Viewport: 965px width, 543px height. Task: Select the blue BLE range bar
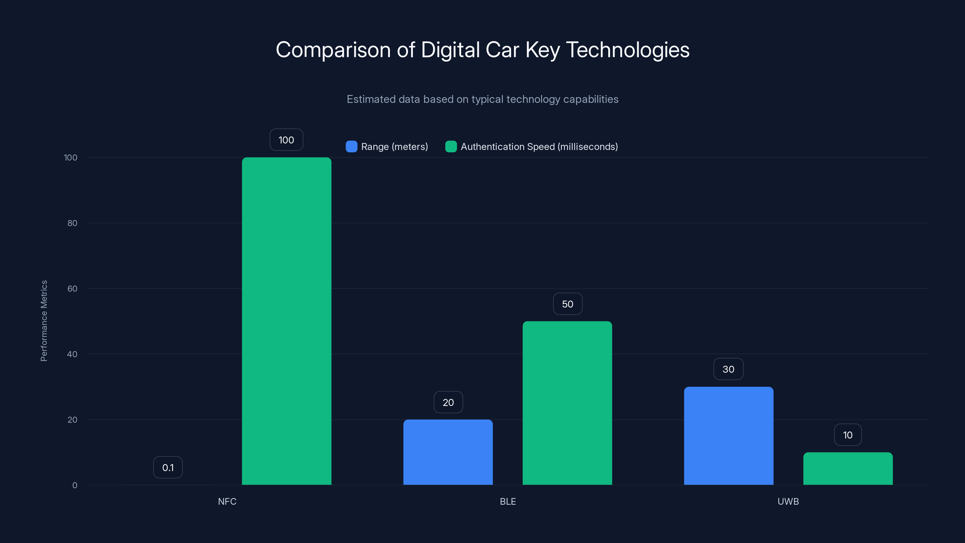448,452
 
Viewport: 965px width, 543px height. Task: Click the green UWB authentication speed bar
848,468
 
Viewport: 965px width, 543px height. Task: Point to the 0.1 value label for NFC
168,467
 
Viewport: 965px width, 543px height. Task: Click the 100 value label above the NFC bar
286,140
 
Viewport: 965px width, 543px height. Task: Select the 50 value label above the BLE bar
568,304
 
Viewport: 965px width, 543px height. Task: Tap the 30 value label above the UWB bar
728,369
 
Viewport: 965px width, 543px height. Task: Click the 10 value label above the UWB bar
848,435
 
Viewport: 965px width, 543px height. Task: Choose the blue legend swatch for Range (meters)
351,147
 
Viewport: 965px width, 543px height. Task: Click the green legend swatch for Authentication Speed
451,147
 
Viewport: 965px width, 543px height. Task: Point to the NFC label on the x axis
227,501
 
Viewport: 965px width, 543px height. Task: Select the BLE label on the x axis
508,501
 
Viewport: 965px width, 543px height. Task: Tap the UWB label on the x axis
788,501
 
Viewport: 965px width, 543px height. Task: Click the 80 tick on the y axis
72,223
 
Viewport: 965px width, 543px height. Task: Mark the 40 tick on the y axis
72,354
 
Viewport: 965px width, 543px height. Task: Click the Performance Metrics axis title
44,321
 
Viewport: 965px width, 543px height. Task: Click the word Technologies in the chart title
628,49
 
